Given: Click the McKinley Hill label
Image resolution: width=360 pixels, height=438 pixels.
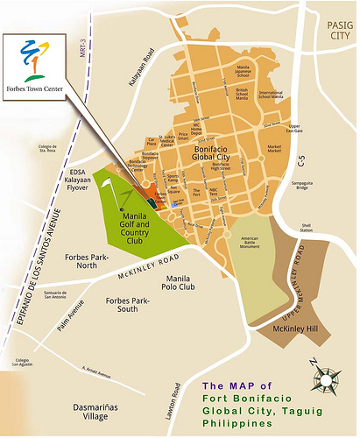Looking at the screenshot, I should tap(294, 328).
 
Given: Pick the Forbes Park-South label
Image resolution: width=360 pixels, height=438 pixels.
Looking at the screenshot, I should tap(131, 307).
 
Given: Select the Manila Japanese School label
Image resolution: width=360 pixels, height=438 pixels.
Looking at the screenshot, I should tap(244, 68).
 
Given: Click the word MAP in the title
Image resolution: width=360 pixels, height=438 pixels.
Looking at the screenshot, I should tap(251, 385).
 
